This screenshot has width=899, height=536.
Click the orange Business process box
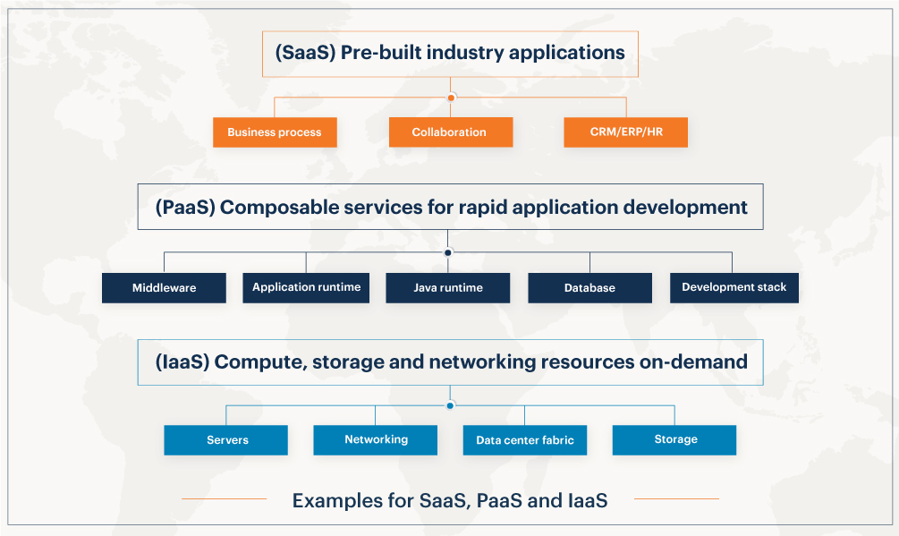[x=275, y=132]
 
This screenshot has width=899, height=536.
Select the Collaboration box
[x=451, y=132]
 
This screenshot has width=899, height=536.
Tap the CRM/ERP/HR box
[x=625, y=132]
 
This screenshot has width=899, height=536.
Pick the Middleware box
[x=164, y=288]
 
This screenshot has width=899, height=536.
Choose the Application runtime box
[x=306, y=288]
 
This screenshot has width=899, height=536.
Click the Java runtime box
[x=448, y=288]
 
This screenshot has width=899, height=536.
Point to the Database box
[x=590, y=288]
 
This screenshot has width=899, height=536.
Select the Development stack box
[x=734, y=288]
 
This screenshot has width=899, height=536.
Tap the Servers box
[x=226, y=440]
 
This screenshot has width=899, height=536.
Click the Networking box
[x=376, y=440]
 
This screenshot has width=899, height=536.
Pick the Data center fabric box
[x=524, y=440]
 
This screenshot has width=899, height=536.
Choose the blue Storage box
[x=674, y=440]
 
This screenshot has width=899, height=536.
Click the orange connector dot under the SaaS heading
[x=451, y=98]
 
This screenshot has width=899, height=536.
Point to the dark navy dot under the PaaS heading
[x=448, y=252]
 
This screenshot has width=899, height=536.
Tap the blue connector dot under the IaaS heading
[x=450, y=406]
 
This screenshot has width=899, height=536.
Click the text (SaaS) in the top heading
[x=305, y=53]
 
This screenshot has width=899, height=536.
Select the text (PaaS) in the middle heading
[x=185, y=208]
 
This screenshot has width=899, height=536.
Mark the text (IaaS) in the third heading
[x=182, y=362]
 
